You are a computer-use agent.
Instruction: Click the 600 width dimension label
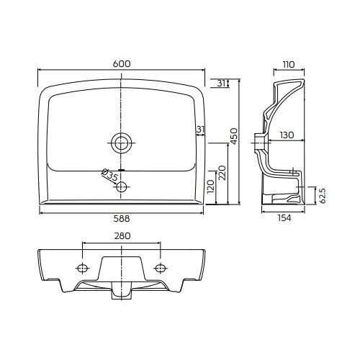click(x=122, y=64)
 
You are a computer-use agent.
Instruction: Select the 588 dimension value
click(x=122, y=218)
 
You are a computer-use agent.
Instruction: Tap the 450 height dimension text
click(x=233, y=136)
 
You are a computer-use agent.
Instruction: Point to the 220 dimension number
click(x=222, y=173)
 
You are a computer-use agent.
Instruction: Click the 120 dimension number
click(x=210, y=186)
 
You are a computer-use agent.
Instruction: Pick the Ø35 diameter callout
click(x=109, y=175)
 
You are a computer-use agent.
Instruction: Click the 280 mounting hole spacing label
click(x=122, y=236)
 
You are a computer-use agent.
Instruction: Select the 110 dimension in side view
click(x=288, y=65)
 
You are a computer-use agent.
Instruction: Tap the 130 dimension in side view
click(x=287, y=135)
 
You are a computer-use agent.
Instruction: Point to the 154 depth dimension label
click(x=284, y=218)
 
